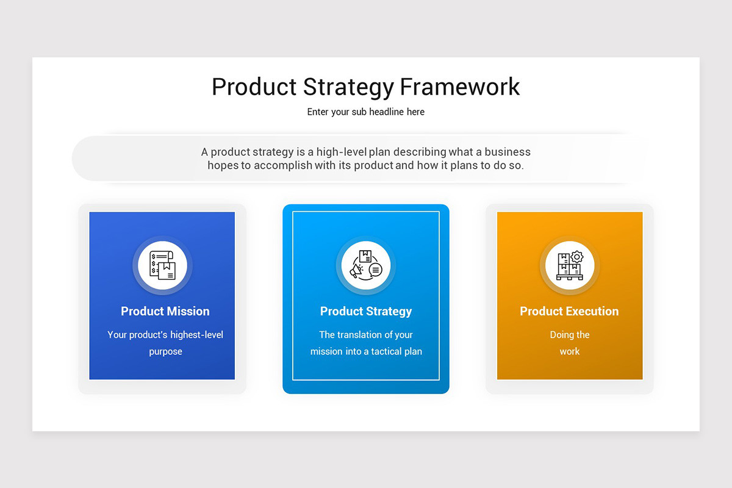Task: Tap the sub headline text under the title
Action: coord(366,112)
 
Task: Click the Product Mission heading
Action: coord(165,311)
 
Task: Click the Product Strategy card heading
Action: coord(366,311)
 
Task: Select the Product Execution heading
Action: coord(569,311)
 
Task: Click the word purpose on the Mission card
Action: coord(165,352)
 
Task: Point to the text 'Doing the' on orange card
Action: coord(570,335)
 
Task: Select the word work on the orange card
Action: coord(570,352)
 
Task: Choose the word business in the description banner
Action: coord(508,152)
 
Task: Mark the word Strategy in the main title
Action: coord(349,87)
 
